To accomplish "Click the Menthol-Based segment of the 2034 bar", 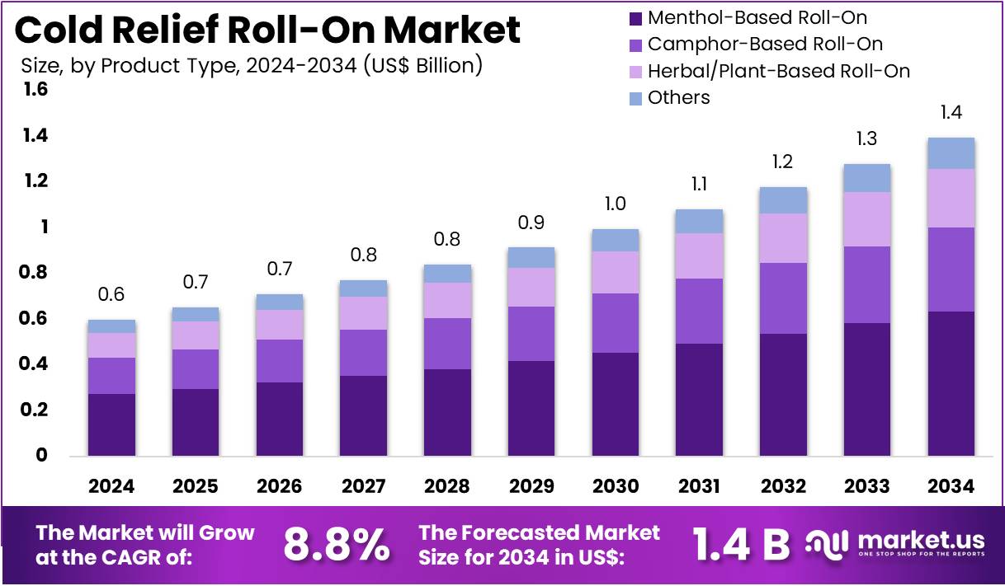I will (951, 383).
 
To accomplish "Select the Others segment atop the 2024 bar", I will (111, 326).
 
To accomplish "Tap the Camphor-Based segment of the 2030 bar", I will (614, 323).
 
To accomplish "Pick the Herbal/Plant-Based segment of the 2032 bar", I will (782, 238).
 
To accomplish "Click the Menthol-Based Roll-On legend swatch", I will (635, 17).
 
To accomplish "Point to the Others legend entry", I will (678, 97).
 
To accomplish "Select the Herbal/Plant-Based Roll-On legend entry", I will (778, 71).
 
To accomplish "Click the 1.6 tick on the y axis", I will (36, 89).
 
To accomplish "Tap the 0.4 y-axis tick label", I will (36, 363).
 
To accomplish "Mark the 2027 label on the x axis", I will (363, 486).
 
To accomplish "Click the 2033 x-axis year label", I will (866, 486).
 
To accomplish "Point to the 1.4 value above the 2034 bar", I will (951, 113).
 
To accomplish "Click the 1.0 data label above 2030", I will (614, 204).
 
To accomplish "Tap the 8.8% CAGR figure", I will (337, 544).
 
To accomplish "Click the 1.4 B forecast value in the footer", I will (740, 544).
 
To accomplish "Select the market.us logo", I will (895, 544).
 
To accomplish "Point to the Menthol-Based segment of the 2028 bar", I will (446, 412).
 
